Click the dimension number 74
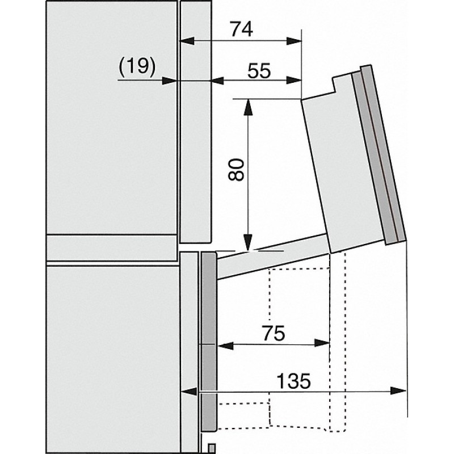click(242, 30)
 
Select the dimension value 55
click(259, 70)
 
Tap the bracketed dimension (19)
click(137, 66)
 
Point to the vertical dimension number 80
click(236, 169)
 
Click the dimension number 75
click(274, 333)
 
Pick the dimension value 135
click(293, 381)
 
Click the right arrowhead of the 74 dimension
click(294, 41)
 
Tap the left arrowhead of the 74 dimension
click(187, 41)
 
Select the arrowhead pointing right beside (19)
click(169, 81)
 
